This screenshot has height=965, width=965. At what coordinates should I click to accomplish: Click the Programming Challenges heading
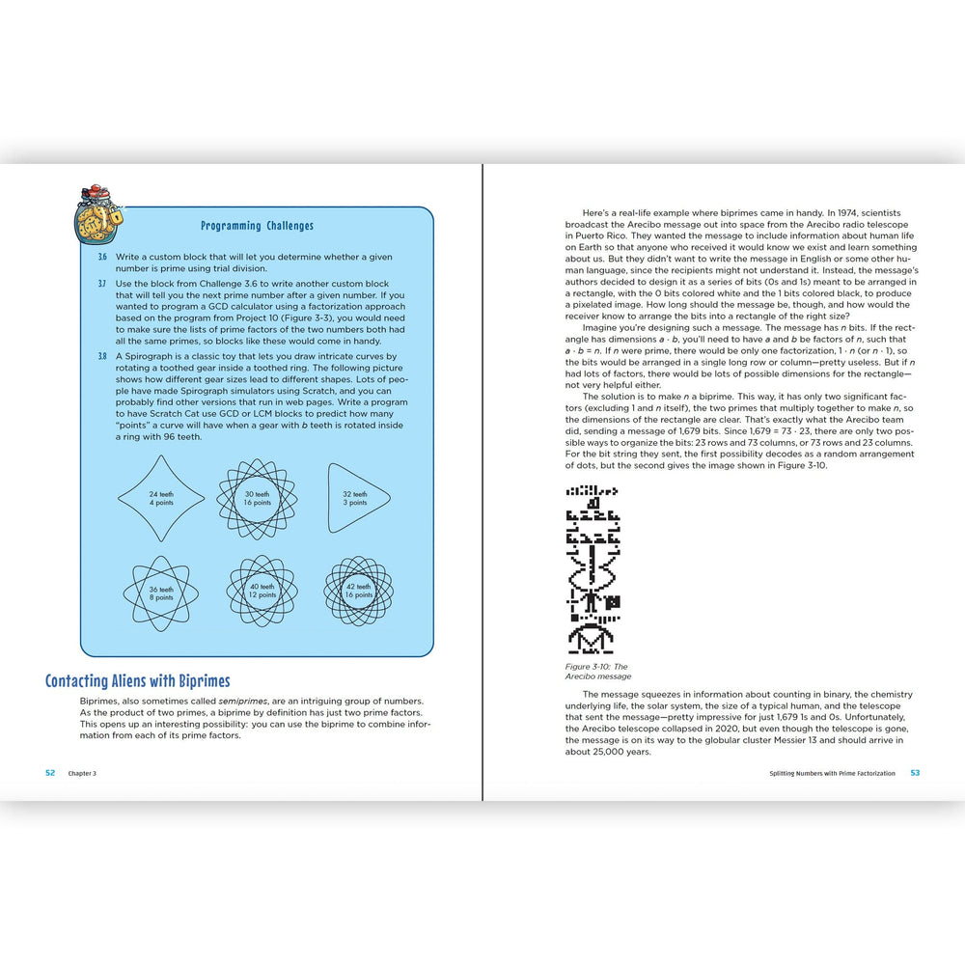[x=257, y=226]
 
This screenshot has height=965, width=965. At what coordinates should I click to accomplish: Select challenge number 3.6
[x=102, y=257]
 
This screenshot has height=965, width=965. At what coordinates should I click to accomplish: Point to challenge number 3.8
[x=102, y=356]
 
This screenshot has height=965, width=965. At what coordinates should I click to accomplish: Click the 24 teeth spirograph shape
[x=161, y=498]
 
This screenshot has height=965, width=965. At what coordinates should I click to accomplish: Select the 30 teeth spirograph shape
[x=256, y=498]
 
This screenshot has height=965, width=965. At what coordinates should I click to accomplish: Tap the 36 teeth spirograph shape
[x=161, y=593]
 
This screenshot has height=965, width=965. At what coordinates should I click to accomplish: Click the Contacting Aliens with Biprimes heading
[x=138, y=681]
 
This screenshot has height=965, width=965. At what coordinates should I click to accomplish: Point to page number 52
[x=51, y=773]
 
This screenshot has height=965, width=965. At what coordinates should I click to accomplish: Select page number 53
[x=916, y=773]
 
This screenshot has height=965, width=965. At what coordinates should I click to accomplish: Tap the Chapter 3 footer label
[x=82, y=774]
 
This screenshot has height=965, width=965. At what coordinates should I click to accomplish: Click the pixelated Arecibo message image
[x=593, y=568]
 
